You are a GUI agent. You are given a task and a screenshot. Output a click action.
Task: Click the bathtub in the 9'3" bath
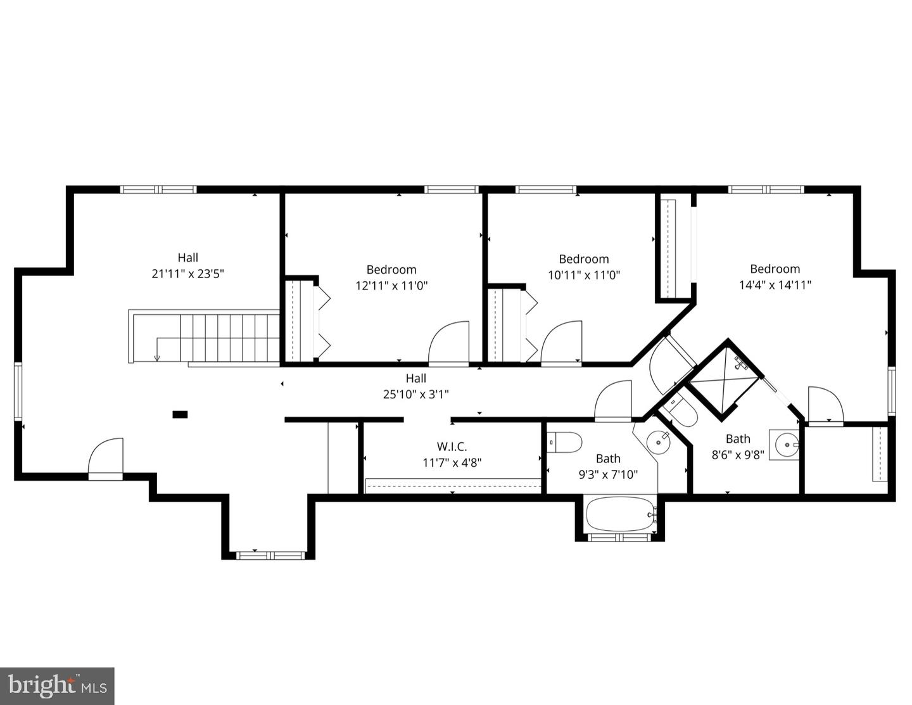tap(620, 514)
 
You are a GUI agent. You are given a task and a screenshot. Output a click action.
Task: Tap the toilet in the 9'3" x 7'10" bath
tap(565, 443)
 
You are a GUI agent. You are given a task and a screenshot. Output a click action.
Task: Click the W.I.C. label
tap(452, 447)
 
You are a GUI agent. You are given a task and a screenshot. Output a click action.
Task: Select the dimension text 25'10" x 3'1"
tap(415, 394)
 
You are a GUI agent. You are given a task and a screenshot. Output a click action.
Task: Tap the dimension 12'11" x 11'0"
tap(391, 285)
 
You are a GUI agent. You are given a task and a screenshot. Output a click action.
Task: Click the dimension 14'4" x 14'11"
tap(775, 284)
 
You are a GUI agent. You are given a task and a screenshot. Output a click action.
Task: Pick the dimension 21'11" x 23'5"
tap(187, 274)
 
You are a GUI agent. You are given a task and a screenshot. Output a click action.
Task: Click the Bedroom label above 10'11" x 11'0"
tap(583, 258)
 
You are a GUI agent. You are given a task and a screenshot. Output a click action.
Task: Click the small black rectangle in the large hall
tap(180, 414)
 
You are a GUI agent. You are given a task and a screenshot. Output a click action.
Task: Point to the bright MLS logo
tap(57, 686)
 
